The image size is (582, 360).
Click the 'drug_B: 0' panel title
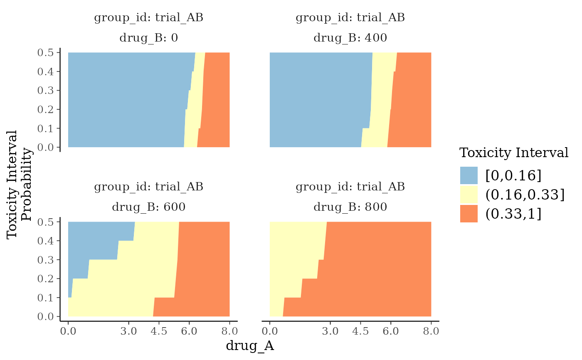click(x=148, y=38)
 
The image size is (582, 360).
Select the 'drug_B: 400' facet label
click(x=350, y=38)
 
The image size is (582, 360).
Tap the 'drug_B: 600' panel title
click(x=148, y=207)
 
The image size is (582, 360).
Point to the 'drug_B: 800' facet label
click(x=350, y=207)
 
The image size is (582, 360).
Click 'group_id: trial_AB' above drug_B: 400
click(x=350, y=18)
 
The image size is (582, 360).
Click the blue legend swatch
click(x=469, y=175)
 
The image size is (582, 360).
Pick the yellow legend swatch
click(x=469, y=195)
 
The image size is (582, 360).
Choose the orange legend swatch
click(x=469, y=214)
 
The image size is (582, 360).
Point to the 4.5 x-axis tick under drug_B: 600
click(x=158, y=331)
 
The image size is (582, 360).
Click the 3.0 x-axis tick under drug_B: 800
click(x=330, y=331)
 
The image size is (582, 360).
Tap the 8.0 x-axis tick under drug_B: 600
click(x=229, y=331)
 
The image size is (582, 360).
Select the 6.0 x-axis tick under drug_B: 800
click(x=391, y=331)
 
